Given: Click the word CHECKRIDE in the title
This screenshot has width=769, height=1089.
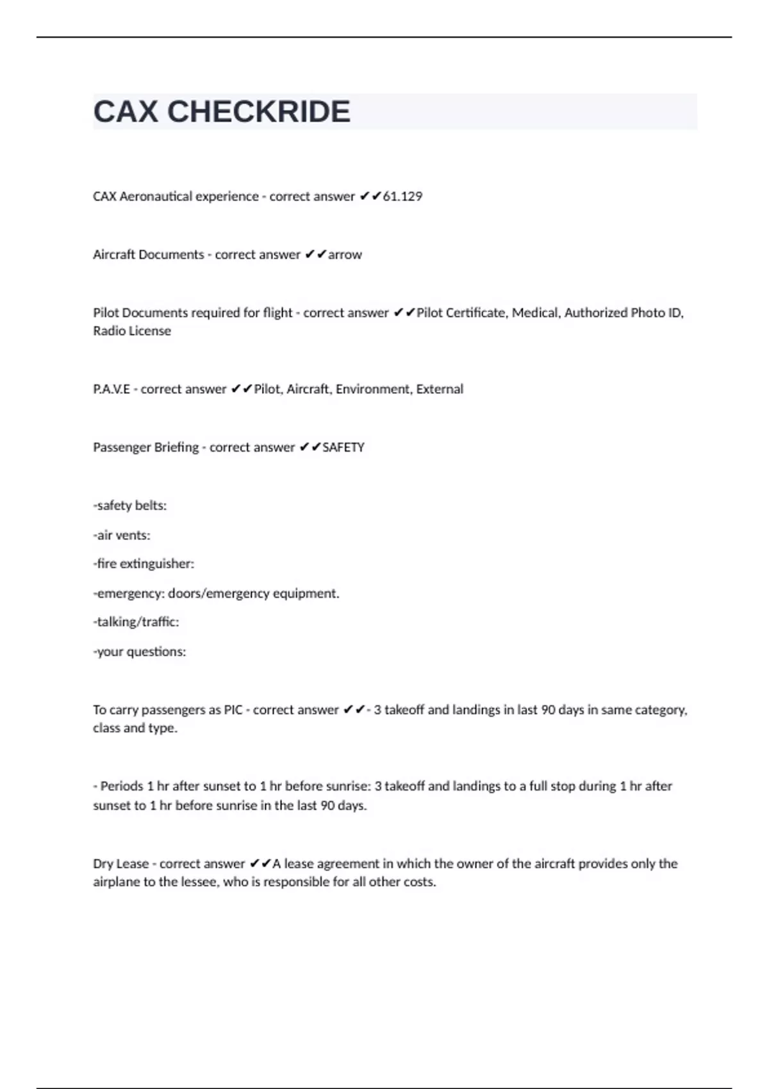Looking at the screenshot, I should (259, 111).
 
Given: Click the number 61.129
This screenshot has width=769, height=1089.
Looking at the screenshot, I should (402, 196).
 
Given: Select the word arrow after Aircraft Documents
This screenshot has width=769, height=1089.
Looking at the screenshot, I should (345, 254).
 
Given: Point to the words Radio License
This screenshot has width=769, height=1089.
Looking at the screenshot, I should (132, 331).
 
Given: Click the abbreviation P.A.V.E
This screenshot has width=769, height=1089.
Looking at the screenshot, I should (112, 389).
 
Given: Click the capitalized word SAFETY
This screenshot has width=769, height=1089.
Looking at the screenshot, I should (343, 447).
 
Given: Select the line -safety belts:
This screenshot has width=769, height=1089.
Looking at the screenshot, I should (130, 505).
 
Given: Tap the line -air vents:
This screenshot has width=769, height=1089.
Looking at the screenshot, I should (122, 535).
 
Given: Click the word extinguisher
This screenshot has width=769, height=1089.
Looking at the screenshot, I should (156, 564).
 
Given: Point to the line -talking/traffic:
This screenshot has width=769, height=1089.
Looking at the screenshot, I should (136, 621).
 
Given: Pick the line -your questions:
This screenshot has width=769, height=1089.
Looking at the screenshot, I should (140, 651).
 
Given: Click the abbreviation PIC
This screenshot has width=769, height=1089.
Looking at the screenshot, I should (233, 710).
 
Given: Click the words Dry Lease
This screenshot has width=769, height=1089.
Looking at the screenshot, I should (120, 864).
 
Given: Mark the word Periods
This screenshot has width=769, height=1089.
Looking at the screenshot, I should (122, 786).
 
